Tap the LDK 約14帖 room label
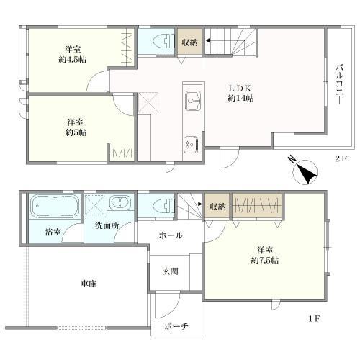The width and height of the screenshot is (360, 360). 239,91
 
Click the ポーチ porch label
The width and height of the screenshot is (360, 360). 176,326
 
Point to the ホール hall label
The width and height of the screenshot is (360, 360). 170,235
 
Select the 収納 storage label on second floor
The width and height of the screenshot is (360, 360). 190,42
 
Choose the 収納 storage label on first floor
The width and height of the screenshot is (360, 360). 217,207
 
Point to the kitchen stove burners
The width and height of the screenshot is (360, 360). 193,143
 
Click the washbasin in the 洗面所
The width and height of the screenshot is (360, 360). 120,203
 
